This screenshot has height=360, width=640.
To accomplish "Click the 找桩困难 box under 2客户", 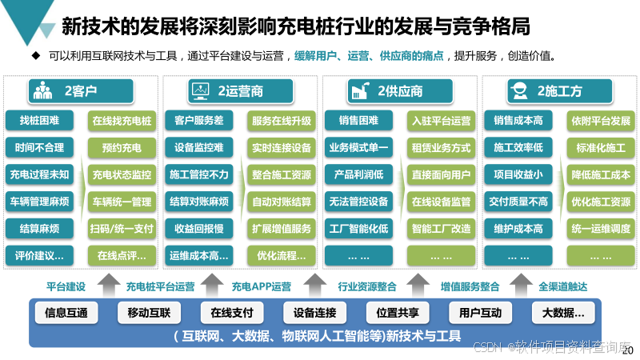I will pyautogui.click(x=39, y=121).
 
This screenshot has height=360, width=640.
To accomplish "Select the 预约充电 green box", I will pyautogui.click(x=122, y=148).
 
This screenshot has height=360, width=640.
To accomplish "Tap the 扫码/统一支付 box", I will pyautogui.click(x=122, y=229).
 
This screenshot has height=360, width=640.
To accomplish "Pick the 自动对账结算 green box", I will pyautogui.click(x=281, y=202).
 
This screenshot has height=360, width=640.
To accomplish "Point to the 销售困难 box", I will pyautogui.click(x=358, y=121).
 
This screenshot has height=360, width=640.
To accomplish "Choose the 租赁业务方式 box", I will pyautogui.click(x=441, y=148).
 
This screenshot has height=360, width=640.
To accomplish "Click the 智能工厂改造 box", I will pyautogui.click(x=441, y=229).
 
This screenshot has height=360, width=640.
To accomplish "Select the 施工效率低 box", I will pyautogui.click(x=518, y=148).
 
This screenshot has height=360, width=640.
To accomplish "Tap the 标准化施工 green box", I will pyautogui.click(x=601, y=148).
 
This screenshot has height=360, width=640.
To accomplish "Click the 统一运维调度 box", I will pyautogui.click(x=601, y=229).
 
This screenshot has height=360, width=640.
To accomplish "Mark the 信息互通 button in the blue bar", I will pyautogui.click(x=66, y=312).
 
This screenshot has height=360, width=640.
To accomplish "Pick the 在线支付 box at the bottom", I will pyautogui.click(x=226, y=312).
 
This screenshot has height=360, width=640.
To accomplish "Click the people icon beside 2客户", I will pyautogui.click(x=42, y=91).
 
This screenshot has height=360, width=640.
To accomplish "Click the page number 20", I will pyautogui.click(x=627, y=350).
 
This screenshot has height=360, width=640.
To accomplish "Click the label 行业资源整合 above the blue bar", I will pyautogui.click(x=368, y=286).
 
